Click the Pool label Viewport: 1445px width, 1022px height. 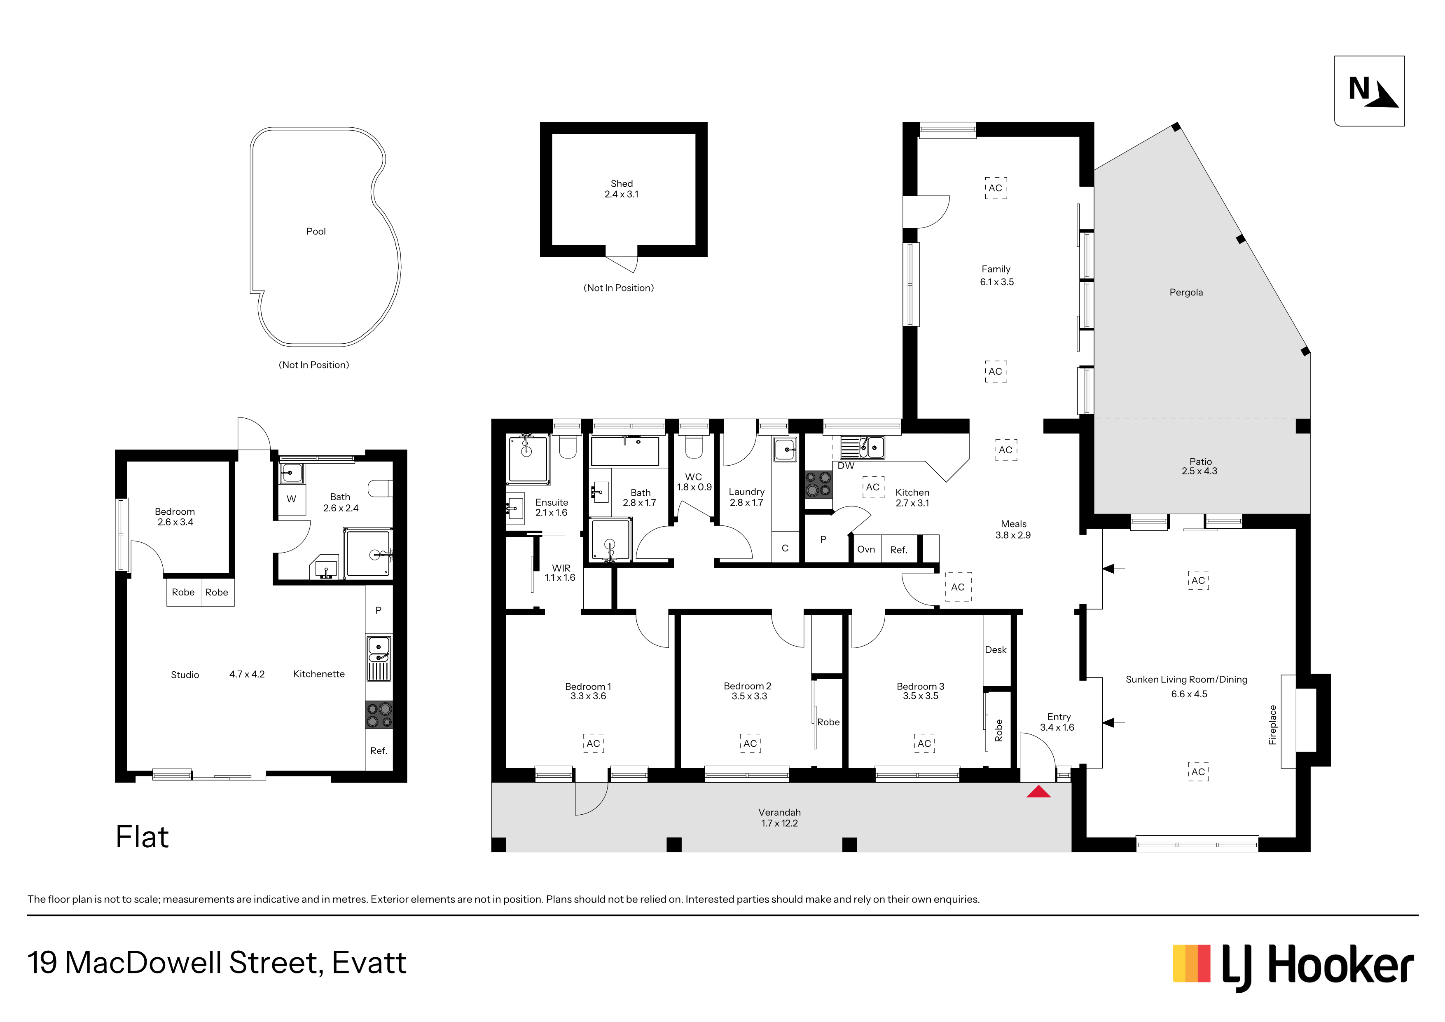(316, 232)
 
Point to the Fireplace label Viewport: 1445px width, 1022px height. (1272, 725)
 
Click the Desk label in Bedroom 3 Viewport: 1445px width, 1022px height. (996, 650)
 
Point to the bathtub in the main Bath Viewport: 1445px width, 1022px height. (624, 451)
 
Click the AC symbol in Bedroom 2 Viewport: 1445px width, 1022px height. (750, 744)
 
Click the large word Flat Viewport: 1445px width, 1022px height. (142, 837)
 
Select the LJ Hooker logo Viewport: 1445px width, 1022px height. (1293, 967)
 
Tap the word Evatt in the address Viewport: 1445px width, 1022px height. (369, 963)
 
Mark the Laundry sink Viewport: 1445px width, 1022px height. (786, 450)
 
